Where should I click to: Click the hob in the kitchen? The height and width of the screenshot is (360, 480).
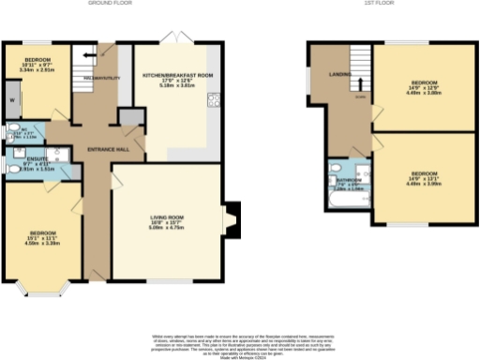(x=215, y=102)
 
